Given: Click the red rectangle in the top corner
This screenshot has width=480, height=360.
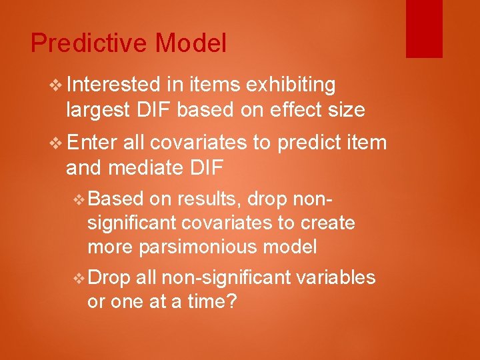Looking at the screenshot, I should pyautogui.click(x=424, y=28).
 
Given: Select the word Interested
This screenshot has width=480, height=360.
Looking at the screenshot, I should pyautogui.click(x=113, y=85).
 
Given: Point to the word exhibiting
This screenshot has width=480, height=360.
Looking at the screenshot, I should pyautogui.click(x=290, y=85).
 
